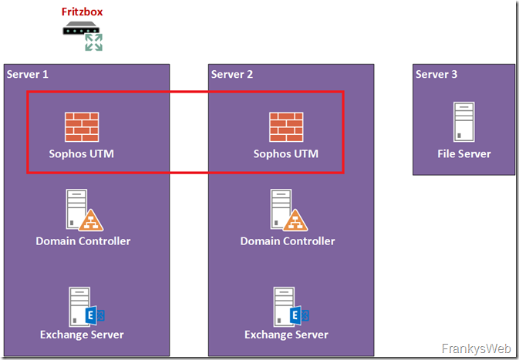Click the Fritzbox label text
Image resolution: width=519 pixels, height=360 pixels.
pyautogui.click(x=83, y=12)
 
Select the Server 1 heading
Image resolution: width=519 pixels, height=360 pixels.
pyautogui.click(x=28, y=74)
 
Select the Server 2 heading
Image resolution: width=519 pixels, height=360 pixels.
pyautogui.click(x=232, y=74)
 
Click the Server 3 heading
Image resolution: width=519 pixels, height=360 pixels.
pyautogui.click(x=436, y=74)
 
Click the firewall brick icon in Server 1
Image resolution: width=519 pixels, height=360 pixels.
pyautogui.click(x=82, y=126)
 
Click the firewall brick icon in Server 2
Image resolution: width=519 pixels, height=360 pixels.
pyautogui.click(x=285, y=126)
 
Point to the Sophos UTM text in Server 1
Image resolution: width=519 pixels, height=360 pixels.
pyautogui.click(x=82, y=153)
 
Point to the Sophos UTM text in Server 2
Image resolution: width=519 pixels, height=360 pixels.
pyautogui.click(x=285, y=153)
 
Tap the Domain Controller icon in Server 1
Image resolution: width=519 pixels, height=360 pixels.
pyautogui.click(x=82, y=210)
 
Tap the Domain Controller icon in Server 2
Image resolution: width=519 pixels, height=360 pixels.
pyautogui.click(x=285, y=210)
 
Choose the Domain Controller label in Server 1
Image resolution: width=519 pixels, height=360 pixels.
pyautogui.click(x=83, y=241)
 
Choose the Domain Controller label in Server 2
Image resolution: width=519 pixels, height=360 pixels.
pyautogui.click(x=288, y=241)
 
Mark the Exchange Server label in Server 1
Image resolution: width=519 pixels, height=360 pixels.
pyautogui.click(x=82, y=335)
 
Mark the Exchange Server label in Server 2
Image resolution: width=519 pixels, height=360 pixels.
pyautogui.click(x=286, y=335)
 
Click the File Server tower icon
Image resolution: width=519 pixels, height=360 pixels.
pyautogui.click(x=463, y=122)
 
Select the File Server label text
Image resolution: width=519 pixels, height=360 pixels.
pyautogui.click(x=464, y=153)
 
